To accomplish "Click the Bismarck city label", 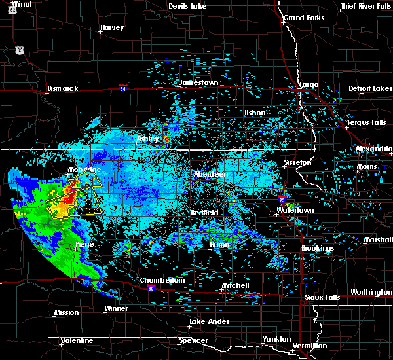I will point(63,88).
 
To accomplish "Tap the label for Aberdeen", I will point(210,175).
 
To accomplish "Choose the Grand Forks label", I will point(302,18).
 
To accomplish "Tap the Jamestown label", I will point(199,83).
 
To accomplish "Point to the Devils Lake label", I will point(187,6).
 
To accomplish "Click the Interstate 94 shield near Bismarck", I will point(123,87).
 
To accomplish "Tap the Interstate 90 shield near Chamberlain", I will point(151,289).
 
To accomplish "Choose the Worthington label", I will point(371,292).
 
